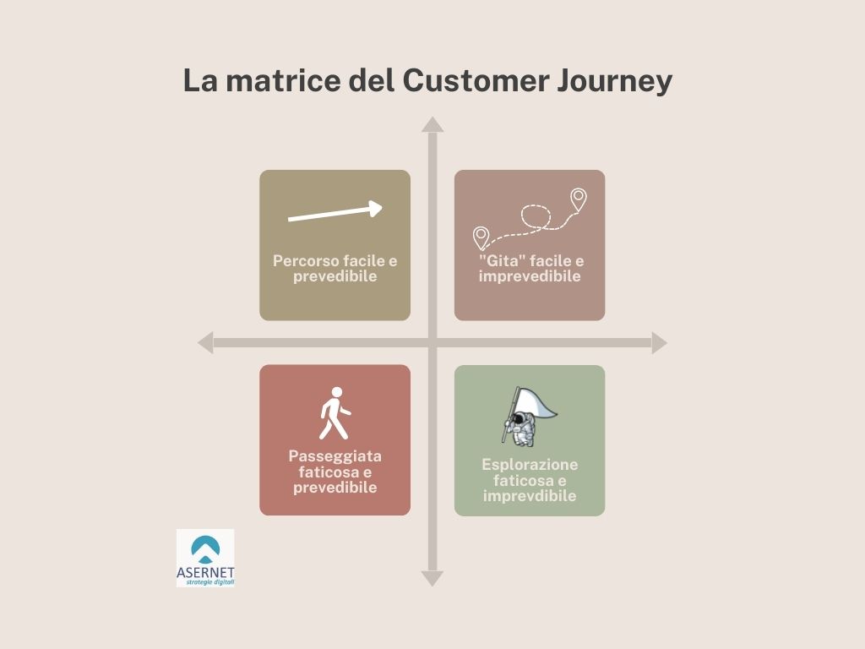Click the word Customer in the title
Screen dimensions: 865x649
(476, 80)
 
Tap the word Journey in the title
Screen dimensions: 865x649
(614, 82)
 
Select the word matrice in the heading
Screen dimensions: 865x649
(283, 80)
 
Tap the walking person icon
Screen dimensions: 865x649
(335, 413)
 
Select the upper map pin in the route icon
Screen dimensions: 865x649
(578, 199)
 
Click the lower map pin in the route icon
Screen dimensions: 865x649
(481, 238)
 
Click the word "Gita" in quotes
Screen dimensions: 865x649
(501, 260)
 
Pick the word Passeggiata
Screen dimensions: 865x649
(335, 457)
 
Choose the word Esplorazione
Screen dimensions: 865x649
(530, 465)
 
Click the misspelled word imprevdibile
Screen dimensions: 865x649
(530, 496)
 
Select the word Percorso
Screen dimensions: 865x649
(304, 260)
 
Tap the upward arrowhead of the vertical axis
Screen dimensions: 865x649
(432, 125)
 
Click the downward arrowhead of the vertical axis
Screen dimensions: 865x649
(432, 578)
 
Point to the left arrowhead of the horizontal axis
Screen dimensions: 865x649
(206, 343)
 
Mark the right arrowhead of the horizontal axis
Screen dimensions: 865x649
(659, 343)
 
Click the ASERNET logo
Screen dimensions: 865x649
(205, 558)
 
